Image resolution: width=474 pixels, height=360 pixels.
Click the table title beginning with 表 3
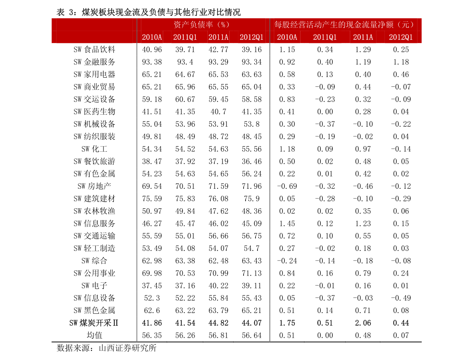coord(148,12)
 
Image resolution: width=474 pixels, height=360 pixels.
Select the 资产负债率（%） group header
coord(202,25)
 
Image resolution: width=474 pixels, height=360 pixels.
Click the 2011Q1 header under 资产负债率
coord(185,37)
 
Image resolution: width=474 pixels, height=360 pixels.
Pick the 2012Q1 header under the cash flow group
coord(401,37)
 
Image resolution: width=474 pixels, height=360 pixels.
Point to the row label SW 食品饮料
coord(94,50)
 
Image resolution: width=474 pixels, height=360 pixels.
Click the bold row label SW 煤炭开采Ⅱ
coord(94,323)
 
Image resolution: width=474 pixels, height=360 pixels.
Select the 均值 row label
coord(95,335)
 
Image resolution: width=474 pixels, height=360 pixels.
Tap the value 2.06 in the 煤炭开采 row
coord(363,323)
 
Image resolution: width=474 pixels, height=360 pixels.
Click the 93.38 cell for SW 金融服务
coord(152,62)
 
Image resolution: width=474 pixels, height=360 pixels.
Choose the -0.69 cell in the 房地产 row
coord(287,186)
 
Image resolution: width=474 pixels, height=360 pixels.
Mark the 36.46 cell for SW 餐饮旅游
coord(252,162)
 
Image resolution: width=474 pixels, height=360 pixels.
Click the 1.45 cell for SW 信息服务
coord(287,223)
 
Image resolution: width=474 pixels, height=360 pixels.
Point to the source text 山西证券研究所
coord(128,348)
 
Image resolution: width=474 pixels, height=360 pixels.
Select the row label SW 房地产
coord(94,186)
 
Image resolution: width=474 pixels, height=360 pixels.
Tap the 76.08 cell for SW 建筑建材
coord(218,199)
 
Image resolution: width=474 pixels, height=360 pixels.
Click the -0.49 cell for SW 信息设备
coord(401,298)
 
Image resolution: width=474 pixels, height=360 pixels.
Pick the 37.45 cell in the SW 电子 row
coord(152,286)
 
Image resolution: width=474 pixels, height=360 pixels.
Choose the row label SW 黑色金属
coord(94,311)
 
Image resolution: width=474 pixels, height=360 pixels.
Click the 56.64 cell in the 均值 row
coord(252,335)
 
